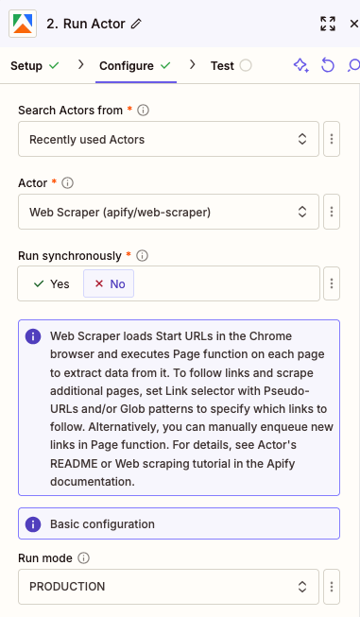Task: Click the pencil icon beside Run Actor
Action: click(x=137, y=24)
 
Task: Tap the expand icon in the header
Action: click(x=328, y=24)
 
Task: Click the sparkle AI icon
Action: click(x=300, y=65)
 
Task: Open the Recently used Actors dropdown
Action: click(x=168, y=140)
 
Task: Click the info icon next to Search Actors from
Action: click(x=144, y=111)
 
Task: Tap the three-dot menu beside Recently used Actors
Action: click(x=332, y=140)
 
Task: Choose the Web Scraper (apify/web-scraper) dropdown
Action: click(x=168, y=212)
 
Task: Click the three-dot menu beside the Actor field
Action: click(x=332, y=212)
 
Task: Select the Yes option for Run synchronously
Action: click(x=51, y=283)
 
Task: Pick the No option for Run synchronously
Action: click(x=110, y=283)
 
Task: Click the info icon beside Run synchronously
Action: click(x=142, y=255)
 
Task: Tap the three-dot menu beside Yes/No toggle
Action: click(x=332, y=283)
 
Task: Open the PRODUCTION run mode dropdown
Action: click(x=168, y=586)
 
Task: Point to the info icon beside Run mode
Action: click(x=85, y=557)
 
